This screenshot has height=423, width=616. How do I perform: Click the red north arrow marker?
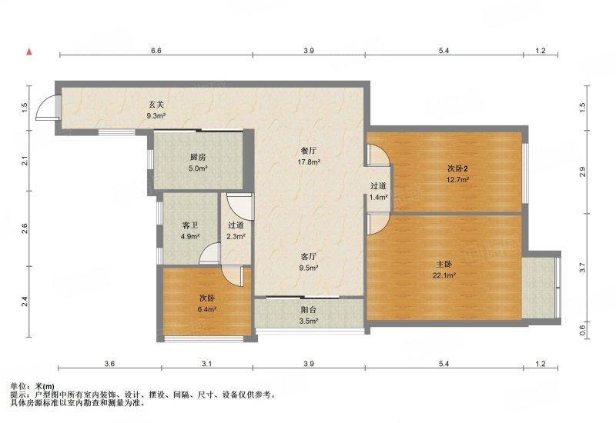coord(29,52)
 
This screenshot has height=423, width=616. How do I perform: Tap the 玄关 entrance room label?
coord(156,105)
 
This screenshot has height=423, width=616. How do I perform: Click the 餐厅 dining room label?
coord(310,151)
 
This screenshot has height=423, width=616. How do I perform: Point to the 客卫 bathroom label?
coord(189,225)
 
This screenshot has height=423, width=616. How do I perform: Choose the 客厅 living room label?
coord(310,258)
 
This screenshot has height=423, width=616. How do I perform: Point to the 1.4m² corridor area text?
coord(378,197)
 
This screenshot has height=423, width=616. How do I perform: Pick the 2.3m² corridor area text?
coord(236,236)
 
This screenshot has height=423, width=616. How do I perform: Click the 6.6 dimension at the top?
coord(156,51)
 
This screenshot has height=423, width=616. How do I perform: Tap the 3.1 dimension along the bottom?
coord(206,363)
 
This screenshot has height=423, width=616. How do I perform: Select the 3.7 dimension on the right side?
coord(583,268)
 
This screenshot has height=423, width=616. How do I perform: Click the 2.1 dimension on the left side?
coord(25,161)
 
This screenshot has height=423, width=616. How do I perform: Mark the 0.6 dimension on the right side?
coord(583,331)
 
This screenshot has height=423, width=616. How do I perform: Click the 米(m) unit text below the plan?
coord(44,386)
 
